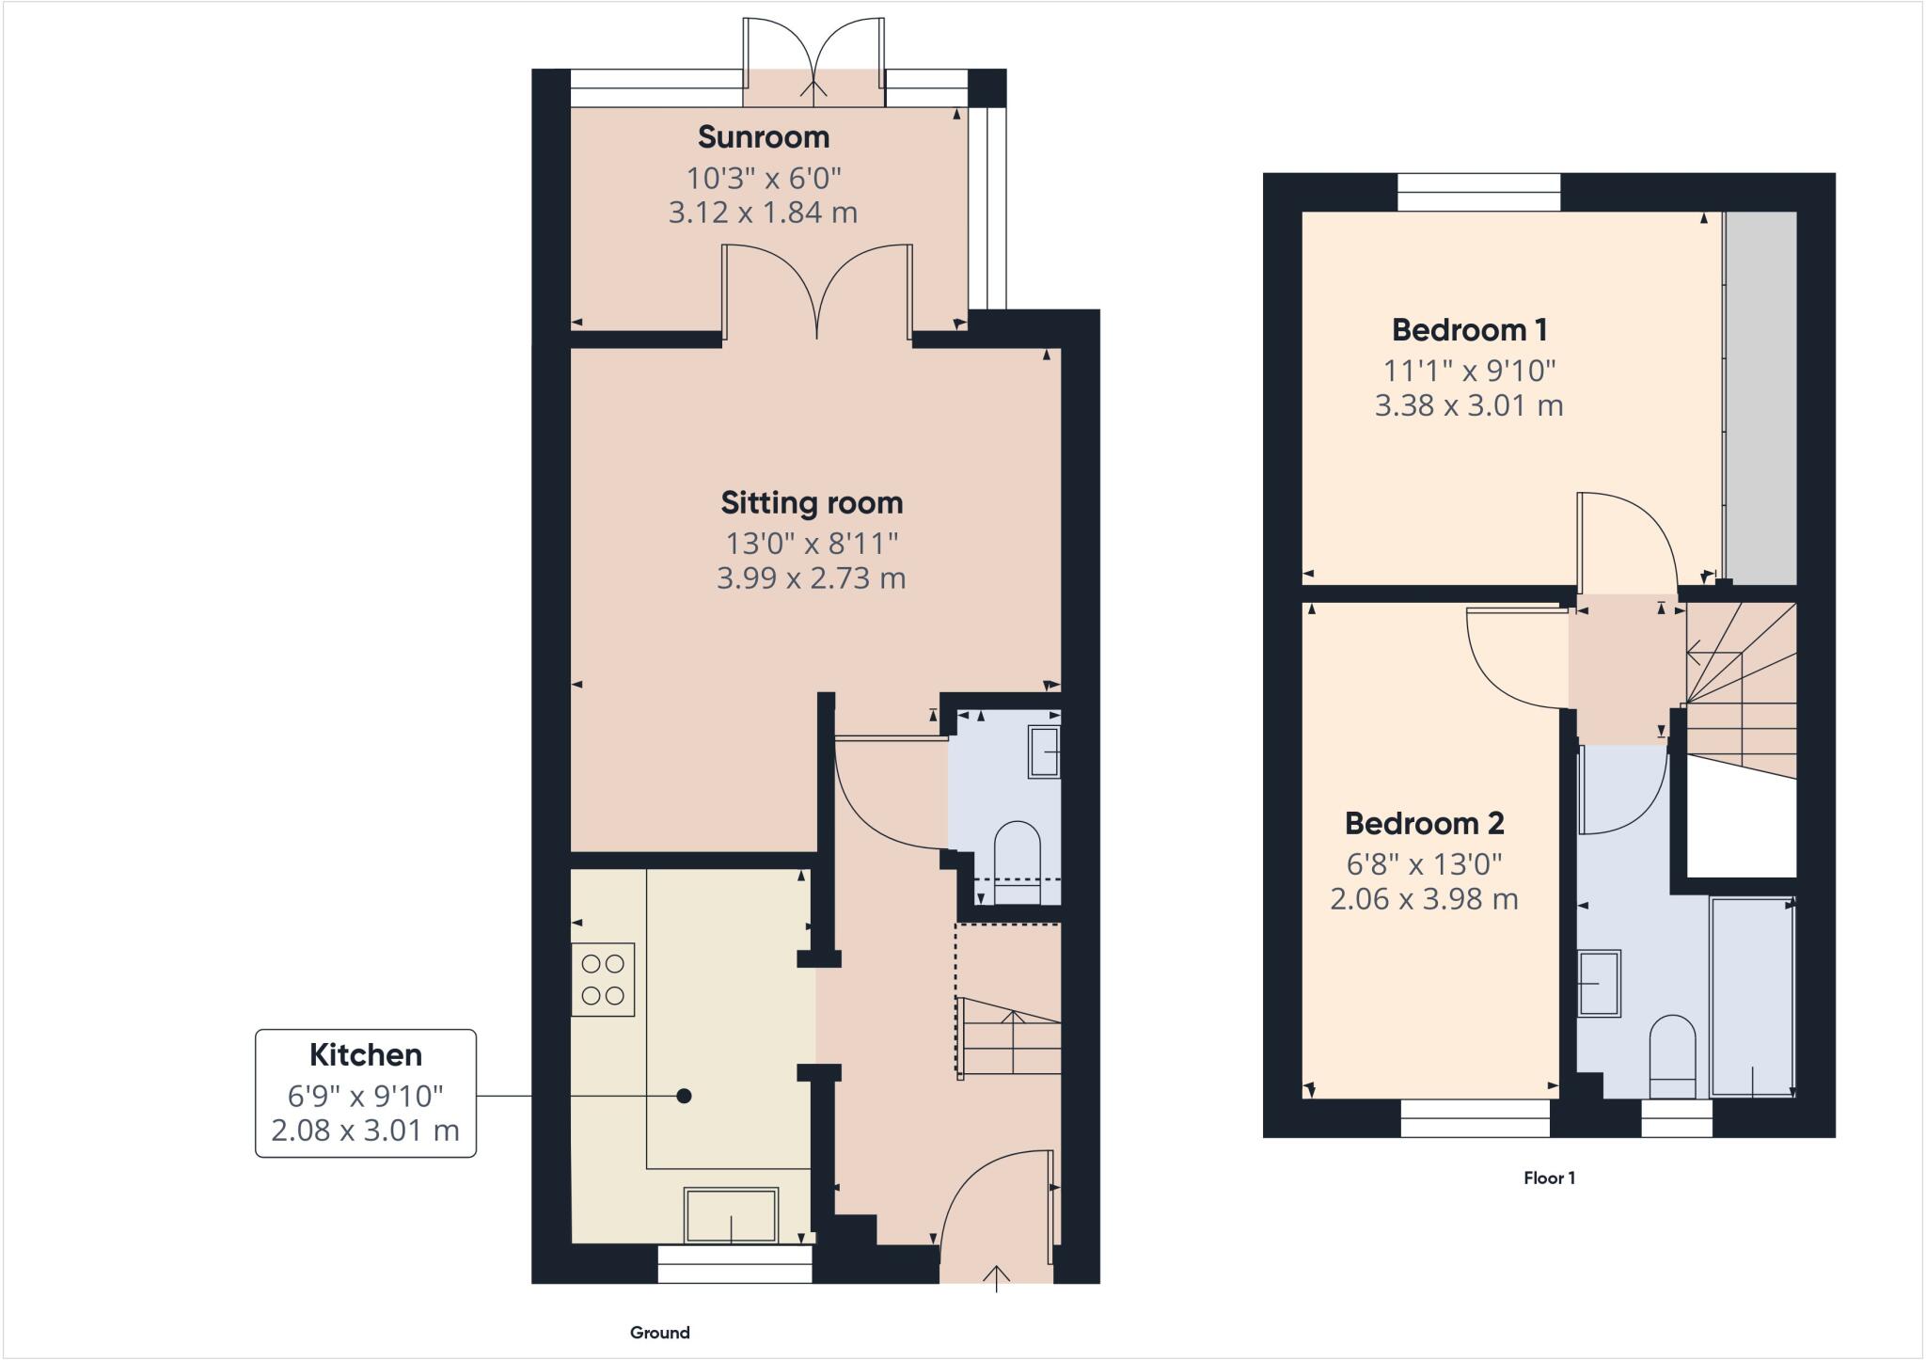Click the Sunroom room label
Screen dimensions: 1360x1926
(763, 137)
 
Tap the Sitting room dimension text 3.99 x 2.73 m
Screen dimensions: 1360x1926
(811, 577)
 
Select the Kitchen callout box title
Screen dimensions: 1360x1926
(366, 1055)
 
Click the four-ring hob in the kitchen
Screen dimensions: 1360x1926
(603, 979)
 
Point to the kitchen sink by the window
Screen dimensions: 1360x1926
(732, 1215)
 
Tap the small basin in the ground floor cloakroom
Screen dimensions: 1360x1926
(1044, 751)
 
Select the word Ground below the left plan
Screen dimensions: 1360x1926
(659, 1333)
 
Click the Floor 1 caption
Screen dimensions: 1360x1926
(1549, 1178)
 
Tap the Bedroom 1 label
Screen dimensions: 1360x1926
(1469, 330)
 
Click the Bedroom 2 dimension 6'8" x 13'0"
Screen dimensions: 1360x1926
(1423, 863)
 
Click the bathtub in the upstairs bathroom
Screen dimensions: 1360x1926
(1751, 997)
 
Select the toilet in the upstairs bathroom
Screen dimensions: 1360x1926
(1672, 1054)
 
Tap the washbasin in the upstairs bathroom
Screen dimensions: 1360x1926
(1599, 984)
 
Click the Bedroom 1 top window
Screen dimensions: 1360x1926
(1478, 193)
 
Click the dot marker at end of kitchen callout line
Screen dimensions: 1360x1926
(685, 1096)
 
